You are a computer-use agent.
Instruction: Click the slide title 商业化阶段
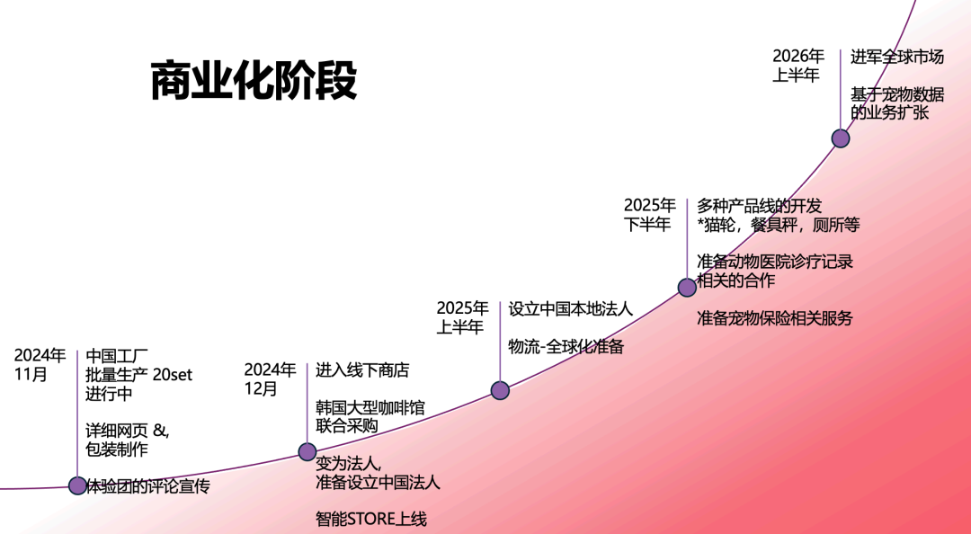coord(254,81)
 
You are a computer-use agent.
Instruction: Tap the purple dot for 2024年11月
coord(78,485)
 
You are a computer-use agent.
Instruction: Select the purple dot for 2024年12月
coord(307,451)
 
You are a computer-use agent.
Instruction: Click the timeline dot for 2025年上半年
coord(500,390)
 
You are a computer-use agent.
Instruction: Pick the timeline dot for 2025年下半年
coord(687,288)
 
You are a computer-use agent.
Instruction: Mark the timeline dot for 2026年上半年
coord(841,138)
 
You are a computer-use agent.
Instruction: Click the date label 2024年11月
coord(40,365)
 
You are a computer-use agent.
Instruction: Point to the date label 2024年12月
coord(270,379)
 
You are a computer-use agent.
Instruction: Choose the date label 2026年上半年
coord(798,66)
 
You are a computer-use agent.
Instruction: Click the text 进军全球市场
coord(897,57)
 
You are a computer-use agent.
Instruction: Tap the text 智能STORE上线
coord(370,519)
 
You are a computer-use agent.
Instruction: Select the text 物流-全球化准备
coord(566,346)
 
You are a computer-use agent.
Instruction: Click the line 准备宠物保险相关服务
coord(774,318)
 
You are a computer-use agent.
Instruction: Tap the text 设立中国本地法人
coord(570,308)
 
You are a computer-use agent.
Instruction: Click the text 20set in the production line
coord(173,374)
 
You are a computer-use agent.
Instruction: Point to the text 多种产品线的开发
coord(759,206)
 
